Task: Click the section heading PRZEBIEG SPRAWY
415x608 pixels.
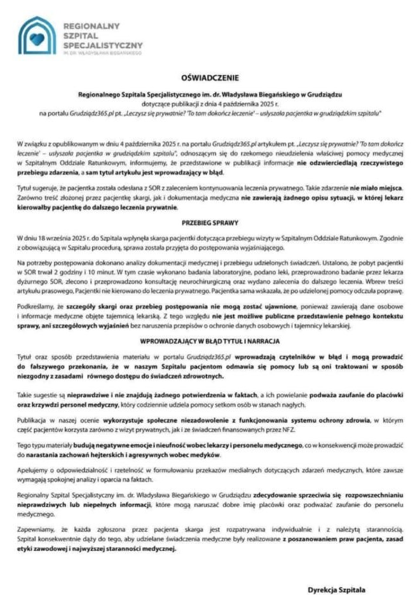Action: pos(209,224)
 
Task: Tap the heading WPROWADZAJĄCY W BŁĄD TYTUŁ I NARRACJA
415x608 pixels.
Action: pos(209,340)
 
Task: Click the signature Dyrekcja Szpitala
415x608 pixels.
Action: pos(336,589)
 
